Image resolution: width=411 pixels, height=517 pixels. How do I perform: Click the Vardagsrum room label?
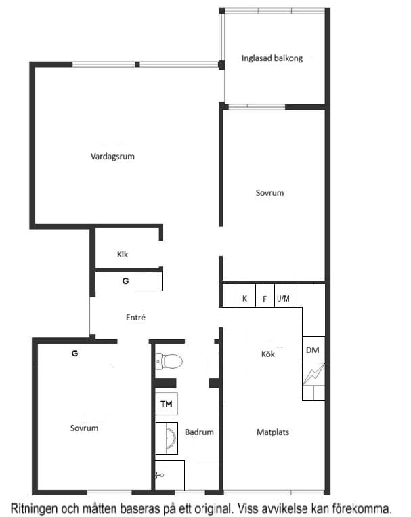point(112,157)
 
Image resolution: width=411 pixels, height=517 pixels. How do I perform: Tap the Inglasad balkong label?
point(272,58)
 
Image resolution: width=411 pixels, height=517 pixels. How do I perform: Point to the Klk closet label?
point(123,254)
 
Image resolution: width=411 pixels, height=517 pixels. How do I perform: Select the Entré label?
point(135,317)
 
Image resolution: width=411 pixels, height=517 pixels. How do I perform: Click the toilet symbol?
point(169,361)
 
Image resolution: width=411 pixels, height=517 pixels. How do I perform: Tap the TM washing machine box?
point(167,404)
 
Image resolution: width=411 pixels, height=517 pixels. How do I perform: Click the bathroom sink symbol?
point(167,438)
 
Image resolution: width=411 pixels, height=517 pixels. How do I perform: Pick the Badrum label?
point(199,432)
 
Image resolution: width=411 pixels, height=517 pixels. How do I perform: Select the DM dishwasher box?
point(313,350)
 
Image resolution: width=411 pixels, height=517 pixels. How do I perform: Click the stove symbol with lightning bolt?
point(313,374)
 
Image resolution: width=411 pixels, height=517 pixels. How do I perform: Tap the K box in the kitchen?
point(246,295)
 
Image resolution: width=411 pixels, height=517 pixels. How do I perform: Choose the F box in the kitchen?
point(265,295)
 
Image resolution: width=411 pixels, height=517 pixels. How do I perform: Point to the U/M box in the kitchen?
point(284,295)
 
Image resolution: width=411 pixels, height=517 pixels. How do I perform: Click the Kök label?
point(268,354)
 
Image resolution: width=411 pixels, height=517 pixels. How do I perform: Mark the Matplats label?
point(273,432)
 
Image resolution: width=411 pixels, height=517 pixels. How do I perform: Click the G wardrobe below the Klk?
point(129,282)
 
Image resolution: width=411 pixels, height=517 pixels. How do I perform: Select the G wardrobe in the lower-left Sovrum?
point(74,354)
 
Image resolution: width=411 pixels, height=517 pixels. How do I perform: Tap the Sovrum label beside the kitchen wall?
point(269,193)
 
